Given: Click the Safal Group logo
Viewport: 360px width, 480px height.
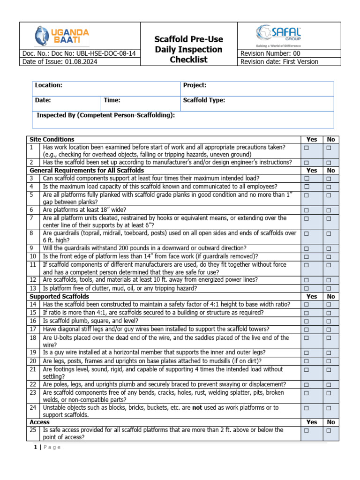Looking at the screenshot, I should tap(278, 35).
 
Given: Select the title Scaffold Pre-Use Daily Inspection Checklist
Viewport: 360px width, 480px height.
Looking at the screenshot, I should tap(189, 49).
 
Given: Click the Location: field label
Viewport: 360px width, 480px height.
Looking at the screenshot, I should tap(49, 85).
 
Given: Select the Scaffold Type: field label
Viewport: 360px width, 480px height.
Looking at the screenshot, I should tap(204, 100).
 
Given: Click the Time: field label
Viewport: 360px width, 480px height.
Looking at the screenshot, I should tap(112, 100).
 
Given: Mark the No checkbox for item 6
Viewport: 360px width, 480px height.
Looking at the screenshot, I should tap(329, 210).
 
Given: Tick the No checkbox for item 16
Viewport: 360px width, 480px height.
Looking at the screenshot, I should tap(329, 322).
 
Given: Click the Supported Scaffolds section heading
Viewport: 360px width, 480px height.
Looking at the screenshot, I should tap(59, 297).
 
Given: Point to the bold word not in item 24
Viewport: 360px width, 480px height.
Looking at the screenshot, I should tap(197, 408).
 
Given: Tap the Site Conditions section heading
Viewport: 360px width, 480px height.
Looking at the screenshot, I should tap(52, 139).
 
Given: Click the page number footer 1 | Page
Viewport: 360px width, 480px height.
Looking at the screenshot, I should tap(47, 447).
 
